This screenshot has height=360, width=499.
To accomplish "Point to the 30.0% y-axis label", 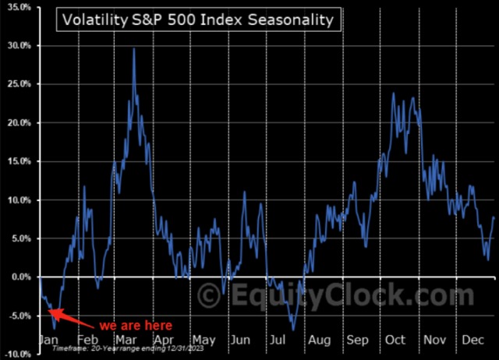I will coord(18,45).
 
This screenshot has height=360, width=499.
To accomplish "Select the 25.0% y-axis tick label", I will coord(18,84).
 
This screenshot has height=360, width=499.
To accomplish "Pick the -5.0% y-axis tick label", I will coord(19,316).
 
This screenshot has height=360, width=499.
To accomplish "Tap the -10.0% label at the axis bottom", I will coord(17,354).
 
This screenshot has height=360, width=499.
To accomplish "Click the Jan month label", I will coord(48,341).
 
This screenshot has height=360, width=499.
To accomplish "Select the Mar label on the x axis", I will coord(125,341).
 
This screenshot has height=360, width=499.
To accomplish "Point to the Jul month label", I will coord(278,341).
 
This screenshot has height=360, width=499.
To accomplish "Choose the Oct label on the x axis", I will coord(395,341).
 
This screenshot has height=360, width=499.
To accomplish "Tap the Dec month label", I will coord(472,341).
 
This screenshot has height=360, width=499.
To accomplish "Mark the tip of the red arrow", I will coord(48,312).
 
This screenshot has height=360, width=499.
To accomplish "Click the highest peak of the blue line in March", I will coord(134,49).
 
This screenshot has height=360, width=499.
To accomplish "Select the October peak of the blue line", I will coord(393,94).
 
